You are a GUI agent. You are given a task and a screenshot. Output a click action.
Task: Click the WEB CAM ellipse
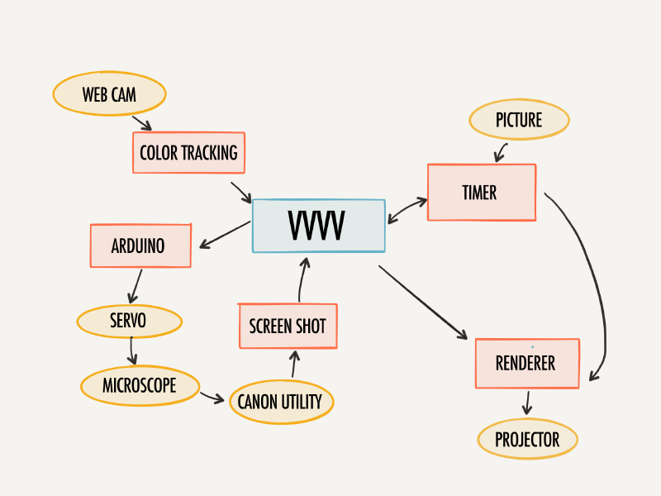(110, 93)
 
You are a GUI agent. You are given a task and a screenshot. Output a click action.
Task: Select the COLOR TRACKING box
(189, 153)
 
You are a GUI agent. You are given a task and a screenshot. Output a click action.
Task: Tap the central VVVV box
(319, 226)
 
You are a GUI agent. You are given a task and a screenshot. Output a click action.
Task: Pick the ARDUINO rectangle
(140, 246)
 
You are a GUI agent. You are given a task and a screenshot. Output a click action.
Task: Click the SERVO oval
(130, 321)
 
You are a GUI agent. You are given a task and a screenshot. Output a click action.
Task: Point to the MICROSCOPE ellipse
(140, 385)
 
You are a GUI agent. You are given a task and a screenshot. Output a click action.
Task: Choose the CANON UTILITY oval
(282, 402)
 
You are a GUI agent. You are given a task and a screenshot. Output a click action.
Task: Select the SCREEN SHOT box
(288, 326)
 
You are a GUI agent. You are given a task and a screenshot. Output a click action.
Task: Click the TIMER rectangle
(482, 193)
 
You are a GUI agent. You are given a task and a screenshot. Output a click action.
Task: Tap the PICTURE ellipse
(520, 119)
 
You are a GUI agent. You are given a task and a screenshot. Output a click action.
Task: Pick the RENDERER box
(527, 363)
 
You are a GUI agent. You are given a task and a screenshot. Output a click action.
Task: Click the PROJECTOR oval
(527, 439)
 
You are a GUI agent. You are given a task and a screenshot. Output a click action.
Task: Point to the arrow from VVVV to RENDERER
(423, 302)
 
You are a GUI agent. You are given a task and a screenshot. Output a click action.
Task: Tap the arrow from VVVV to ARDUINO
(225, 235)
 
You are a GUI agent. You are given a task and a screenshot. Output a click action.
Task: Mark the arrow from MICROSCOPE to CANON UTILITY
(212, 397)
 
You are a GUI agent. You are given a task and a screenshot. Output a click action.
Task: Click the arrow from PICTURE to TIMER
(500, 153)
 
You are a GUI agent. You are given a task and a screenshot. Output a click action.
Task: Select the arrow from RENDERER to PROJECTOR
(527, 403)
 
